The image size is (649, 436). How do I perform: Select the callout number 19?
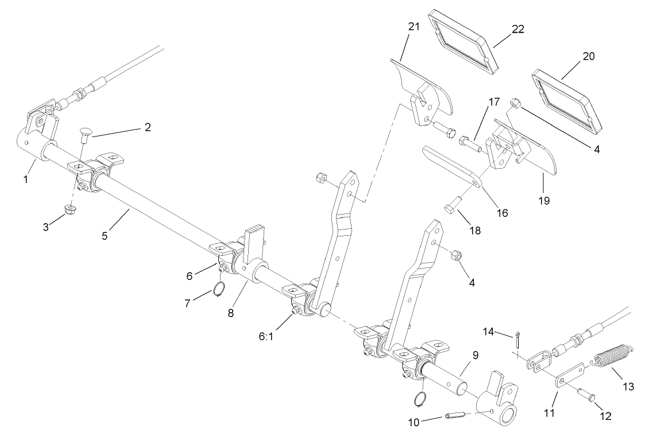[x=543, y=201]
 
